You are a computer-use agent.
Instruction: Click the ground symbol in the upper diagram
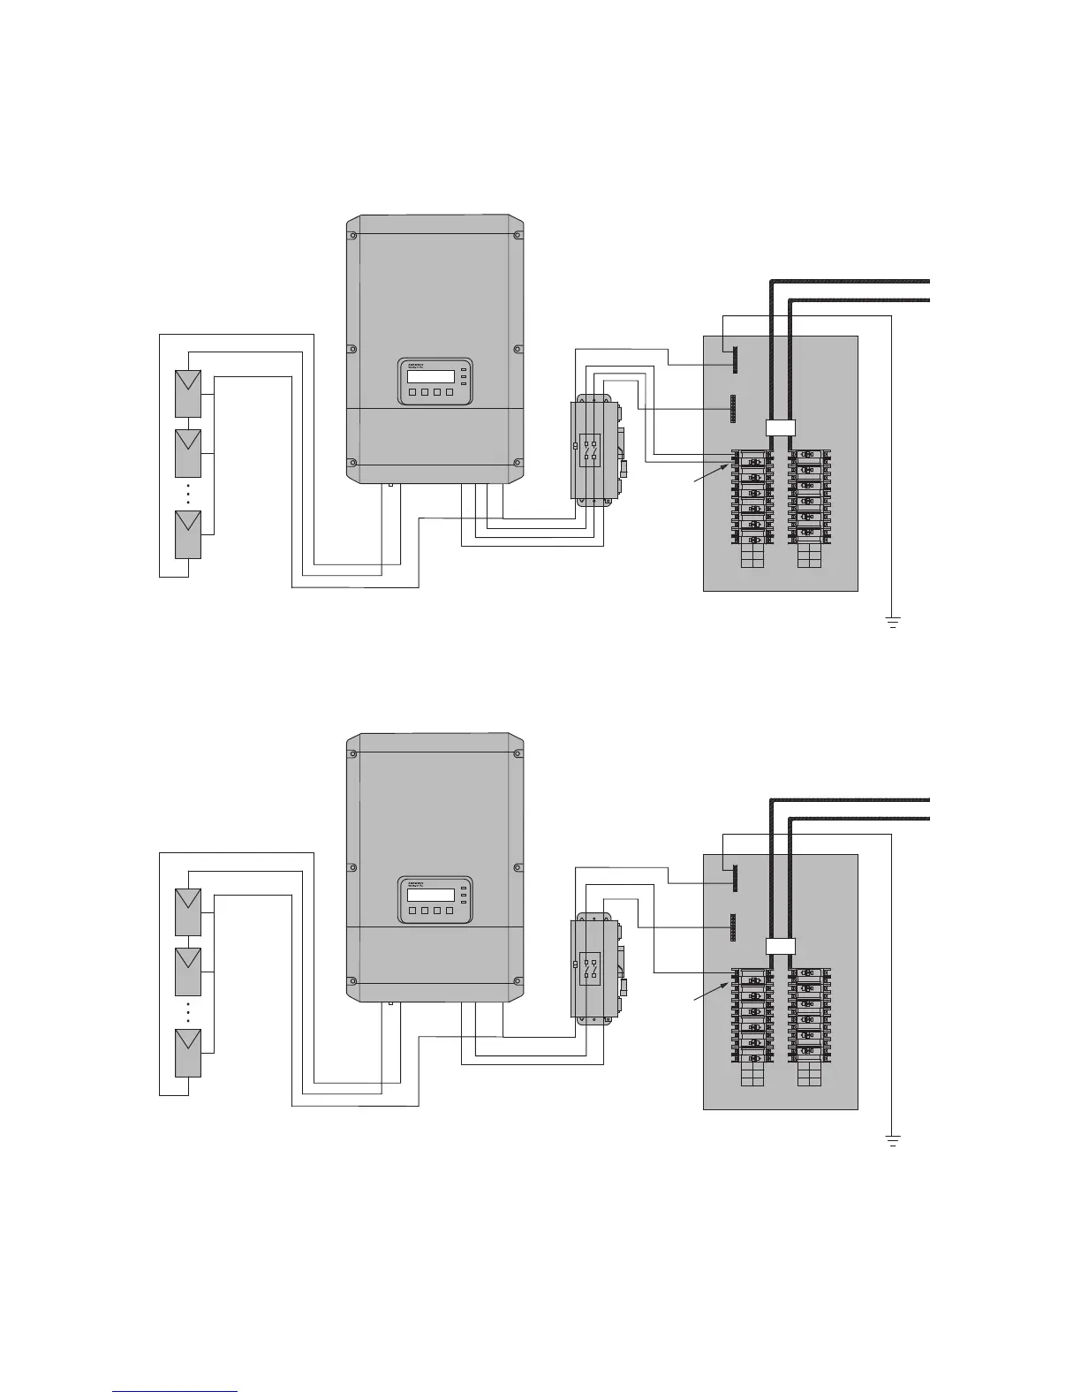pos(893,623)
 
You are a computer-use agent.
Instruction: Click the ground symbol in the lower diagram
pos(893,1141)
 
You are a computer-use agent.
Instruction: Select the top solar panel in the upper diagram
pos(187,393)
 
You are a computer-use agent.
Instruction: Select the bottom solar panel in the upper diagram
pos(187,533)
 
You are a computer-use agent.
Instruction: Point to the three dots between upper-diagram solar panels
pos(187,494)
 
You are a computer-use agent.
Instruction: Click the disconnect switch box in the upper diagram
pos(591,450)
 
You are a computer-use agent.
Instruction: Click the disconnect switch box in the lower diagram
pos(591,969)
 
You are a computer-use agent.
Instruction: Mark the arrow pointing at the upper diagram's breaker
pos(712,473)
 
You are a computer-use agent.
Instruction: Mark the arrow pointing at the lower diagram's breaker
pos(712,991)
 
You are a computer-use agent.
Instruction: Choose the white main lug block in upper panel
pos(779,427)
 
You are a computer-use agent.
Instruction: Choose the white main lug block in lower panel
pos(779,946)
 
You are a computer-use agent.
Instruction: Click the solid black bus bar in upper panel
pos(734,359)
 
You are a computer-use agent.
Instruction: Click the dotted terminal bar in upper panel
pos(732,408)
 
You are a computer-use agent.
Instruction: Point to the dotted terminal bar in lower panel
pos(732,926)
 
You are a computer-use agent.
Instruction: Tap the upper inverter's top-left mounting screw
pos(352,235)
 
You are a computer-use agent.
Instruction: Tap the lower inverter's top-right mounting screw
pos(518,753)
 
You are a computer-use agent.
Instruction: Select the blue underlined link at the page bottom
pos(176,1392)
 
